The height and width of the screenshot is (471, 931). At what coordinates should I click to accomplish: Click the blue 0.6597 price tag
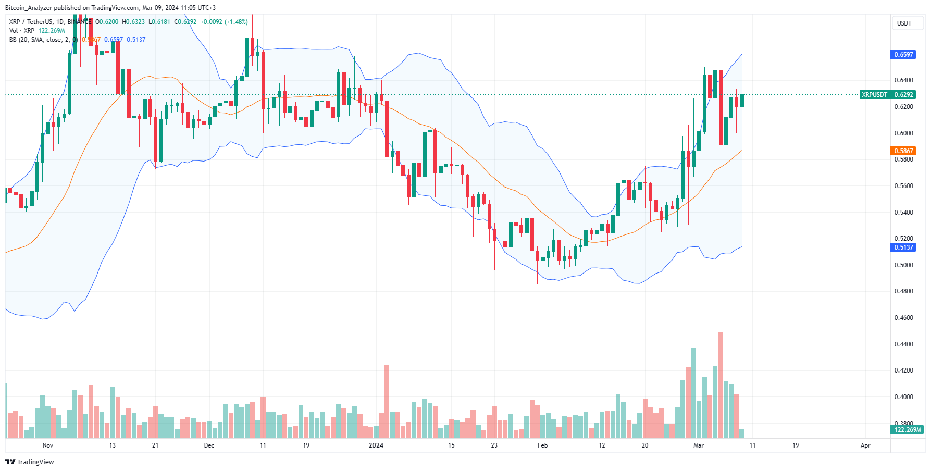(903, 55)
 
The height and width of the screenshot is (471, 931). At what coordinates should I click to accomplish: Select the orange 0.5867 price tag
(903, 151)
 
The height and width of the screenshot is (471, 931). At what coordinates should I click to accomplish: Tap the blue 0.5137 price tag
(903, 247)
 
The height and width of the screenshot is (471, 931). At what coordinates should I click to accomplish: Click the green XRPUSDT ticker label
(874, 95)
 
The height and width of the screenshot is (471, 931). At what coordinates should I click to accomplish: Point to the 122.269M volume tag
(907, 430)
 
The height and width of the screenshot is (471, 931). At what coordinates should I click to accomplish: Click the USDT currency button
(904, 23)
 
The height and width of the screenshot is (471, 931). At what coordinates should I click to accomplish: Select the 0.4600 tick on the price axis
(903, 318)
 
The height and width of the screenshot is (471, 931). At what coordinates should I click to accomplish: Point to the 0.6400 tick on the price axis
(903, 80)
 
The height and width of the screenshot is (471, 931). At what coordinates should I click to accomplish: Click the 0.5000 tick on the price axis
(903, 265)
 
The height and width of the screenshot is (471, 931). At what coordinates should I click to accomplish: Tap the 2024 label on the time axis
(376, 445)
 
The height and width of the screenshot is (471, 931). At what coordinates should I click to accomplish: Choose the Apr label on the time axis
(865, 445)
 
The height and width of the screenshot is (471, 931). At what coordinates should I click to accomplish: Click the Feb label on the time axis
(542, 445)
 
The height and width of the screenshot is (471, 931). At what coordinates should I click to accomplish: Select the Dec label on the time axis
(209, 445)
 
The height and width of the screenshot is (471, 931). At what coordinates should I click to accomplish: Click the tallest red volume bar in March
(721, 386)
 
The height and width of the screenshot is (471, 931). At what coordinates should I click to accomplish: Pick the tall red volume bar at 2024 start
(387, 401)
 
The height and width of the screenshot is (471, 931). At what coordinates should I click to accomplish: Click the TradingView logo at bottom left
(30, 462)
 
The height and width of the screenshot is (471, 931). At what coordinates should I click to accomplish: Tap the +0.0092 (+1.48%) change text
(224, 22)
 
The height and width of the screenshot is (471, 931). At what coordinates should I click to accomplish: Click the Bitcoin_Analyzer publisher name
(28, 8)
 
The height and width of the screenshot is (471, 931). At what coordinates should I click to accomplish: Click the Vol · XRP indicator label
(22, 31)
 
